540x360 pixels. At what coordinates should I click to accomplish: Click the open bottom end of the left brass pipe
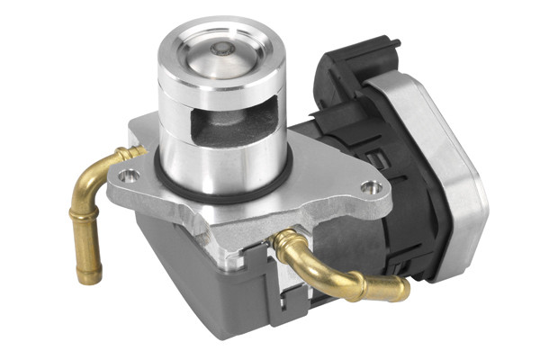(88, 278)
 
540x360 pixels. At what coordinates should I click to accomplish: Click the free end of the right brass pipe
(400, 290)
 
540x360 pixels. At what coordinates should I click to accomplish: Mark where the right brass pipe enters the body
(282, 240)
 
